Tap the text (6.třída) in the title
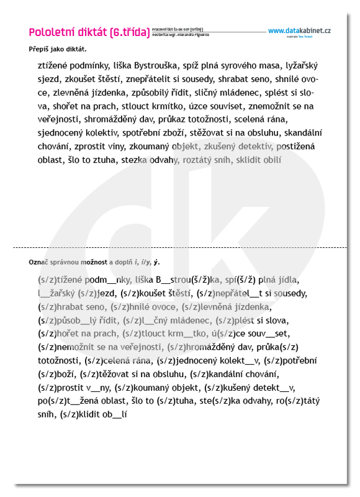[x=129, y=32]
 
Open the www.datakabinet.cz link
[x=299, y=31]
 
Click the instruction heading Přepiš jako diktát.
[x=58, y=49]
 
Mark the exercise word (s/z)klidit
[x=82, y=414]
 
